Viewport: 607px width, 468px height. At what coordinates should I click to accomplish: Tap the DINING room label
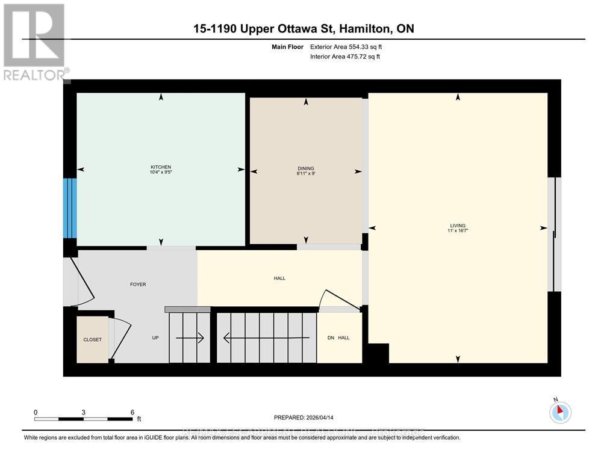pyautogui.click(x=306, y=168)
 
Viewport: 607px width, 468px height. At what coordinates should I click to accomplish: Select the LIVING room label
pyautogui.click(x=458, y=226)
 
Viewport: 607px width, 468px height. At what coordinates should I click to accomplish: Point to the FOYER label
pyautogui.click(x=138, y=285)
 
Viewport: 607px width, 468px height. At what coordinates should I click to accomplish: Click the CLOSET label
pyautogui.click(x=92, y=339)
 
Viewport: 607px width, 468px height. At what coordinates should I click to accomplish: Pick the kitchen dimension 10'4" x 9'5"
pyautogui.click(x=161, y=173)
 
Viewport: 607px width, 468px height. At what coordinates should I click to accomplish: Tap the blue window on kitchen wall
pyautogui.click(x=70, y=208)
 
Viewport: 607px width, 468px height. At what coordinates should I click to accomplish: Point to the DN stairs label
pyautogui.click(x=330, y=338)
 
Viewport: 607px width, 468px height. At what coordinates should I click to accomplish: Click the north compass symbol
pyautogui.click(x=560, y=412)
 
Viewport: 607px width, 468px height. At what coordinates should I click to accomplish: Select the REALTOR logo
pyautogui.click(x=34, y=42)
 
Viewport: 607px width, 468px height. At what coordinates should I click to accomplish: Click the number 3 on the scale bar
pyautogui.click(x=84, y=412)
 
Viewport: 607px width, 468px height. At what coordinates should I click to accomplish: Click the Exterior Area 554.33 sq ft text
pyautogui.click(x=345, y=46)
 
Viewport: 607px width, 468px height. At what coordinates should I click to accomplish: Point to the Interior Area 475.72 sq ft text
pyautogui.click(x=344, y=57)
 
